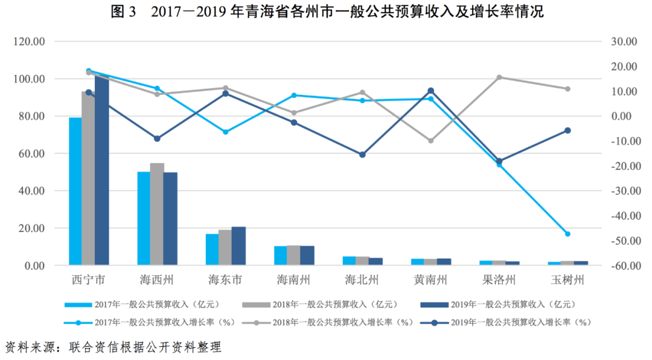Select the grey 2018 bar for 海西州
[x=157, y=214]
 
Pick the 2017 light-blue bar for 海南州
[x=280, y=256]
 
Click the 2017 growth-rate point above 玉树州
[x=567, y=234]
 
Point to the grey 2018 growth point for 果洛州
[x=499, y=77]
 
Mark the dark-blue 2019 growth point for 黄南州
[x=430, y=91]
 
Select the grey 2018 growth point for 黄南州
[x=430, y=141]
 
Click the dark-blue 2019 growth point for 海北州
[x=362, y=155]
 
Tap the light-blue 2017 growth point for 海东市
[x=225, y=132]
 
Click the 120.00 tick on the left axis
[x=31, y=42]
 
